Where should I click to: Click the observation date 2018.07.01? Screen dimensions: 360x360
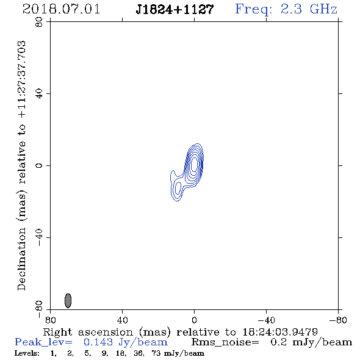[x=61, y=9]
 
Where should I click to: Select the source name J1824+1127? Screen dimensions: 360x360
[x=175, y=10]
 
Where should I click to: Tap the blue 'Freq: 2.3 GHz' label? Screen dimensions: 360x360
[x=286, y=10]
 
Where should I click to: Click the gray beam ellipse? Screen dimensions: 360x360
[x=68, y=301]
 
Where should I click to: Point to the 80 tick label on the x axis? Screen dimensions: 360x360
[x=50, y=320]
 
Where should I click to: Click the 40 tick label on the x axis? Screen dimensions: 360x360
[x=122, y=320]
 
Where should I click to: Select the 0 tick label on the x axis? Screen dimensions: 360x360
[x=194, y=320]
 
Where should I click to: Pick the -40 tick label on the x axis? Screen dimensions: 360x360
[x=266, y=320]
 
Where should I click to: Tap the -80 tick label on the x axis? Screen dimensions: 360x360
[x=338, y=320]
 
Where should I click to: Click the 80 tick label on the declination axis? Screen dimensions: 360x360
[x=39, y=22]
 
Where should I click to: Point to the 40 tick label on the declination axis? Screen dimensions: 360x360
[x=39, y=94]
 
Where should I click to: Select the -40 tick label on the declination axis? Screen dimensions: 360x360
[x=39, y=237]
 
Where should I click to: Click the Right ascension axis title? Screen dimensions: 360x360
[x=181, y=332]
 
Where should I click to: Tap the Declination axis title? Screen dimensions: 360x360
[x=22, y=166]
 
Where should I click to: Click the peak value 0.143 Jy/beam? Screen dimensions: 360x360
[x=126, y=342]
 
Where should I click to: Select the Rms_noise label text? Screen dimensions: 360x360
[x=225, y=342]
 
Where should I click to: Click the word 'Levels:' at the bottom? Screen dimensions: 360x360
[x=27, y=353]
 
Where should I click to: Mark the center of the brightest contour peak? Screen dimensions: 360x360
[x=194, y=164]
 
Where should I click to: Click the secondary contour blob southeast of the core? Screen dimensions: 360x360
[x=177, y=189]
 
